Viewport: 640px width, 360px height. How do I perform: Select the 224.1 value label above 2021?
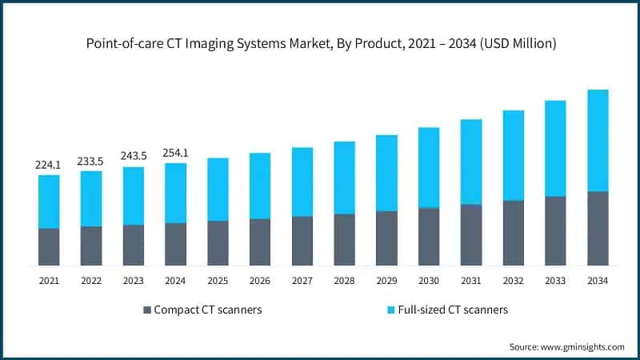click(x=49, y=165)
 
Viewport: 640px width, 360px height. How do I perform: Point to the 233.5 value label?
click(x=90, y=161)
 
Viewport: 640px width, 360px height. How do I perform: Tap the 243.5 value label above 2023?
click(x=133, y=157)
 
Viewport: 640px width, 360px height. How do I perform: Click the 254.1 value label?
click(x=175, y=153)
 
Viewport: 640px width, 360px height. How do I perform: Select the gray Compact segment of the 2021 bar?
click(x=49, y=246)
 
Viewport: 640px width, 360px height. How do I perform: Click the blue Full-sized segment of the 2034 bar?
click(x=598, y=140)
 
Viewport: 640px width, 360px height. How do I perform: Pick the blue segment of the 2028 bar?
click(x=344, y=178)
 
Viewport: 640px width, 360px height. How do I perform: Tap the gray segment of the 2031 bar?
click(x=471, y=234)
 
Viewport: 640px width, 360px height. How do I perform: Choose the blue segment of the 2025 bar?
click(x=218, y=189)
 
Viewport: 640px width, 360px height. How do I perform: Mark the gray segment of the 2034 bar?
click(x=598, y=228)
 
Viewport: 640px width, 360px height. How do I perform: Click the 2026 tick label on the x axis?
click(x=260, y=281)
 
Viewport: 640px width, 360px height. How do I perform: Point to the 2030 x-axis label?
click(x=429, y=281)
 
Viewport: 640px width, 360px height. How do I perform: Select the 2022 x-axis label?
click(x=90, y=281)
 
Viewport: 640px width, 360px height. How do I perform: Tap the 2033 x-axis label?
click(x=555, y=281)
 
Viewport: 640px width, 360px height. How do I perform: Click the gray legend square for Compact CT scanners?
click(x=146, y=310)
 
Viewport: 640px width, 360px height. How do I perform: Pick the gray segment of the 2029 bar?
click(x=386, y=238)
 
